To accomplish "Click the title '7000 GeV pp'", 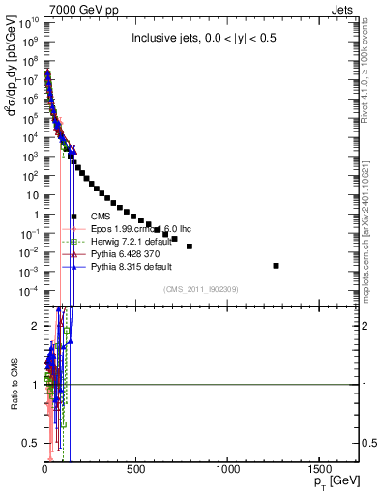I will tap(69, 8).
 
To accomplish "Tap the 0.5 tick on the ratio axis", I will tap(31, 443).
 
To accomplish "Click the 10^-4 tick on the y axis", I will tap(27, 291).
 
